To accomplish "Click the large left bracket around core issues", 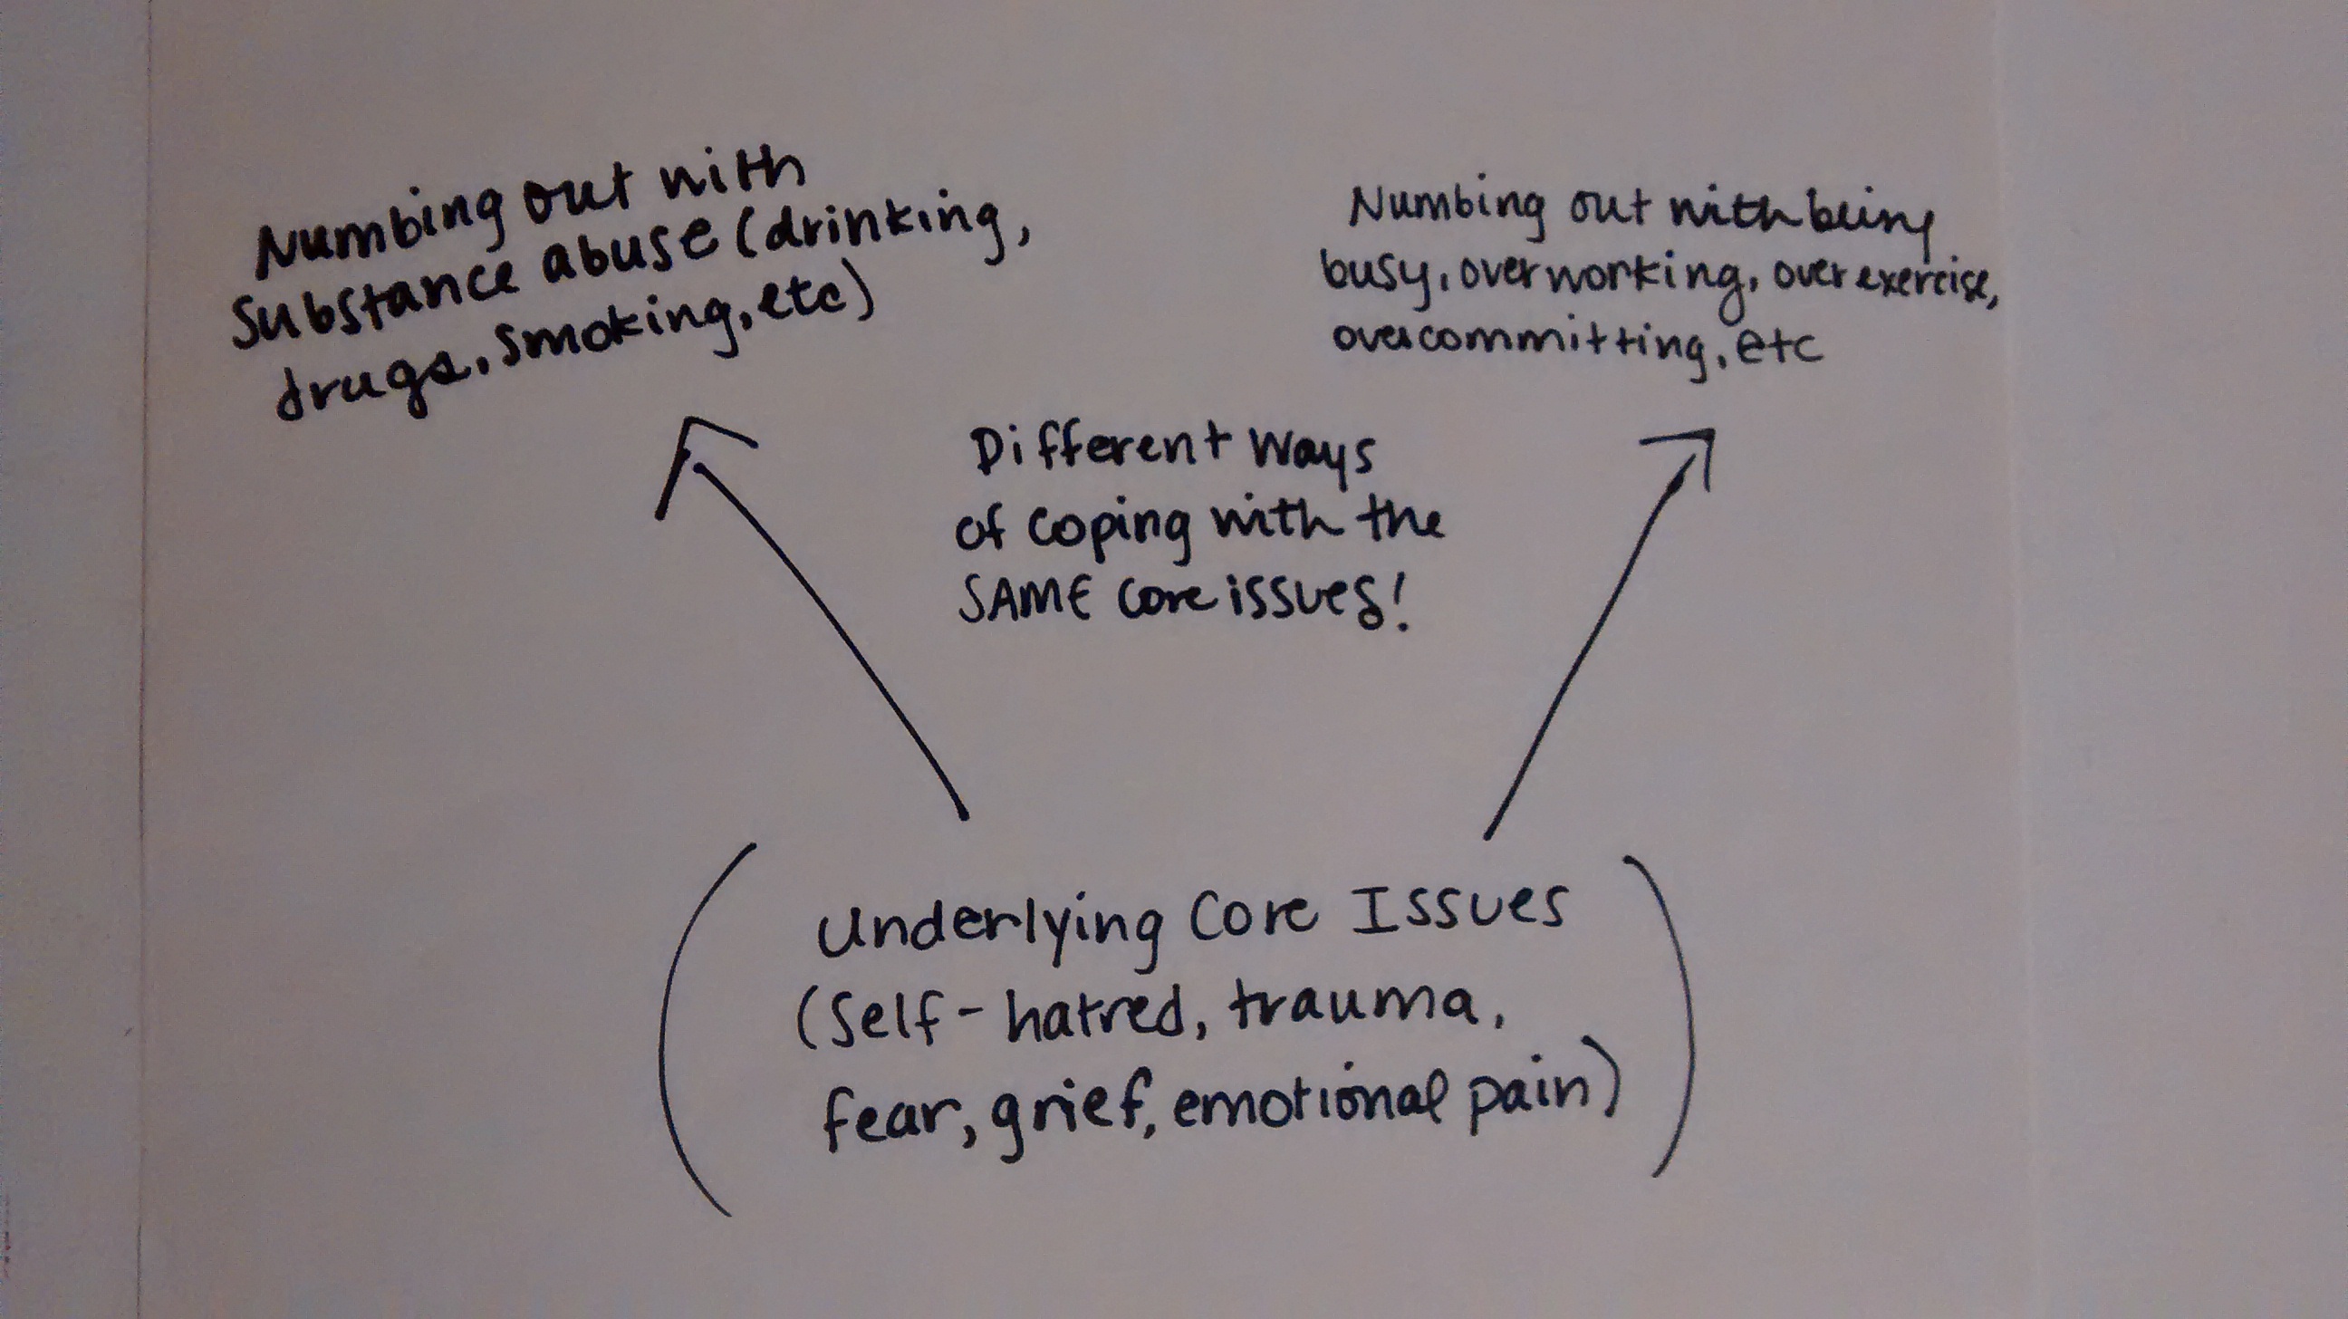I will click(x=679, y=1030).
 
